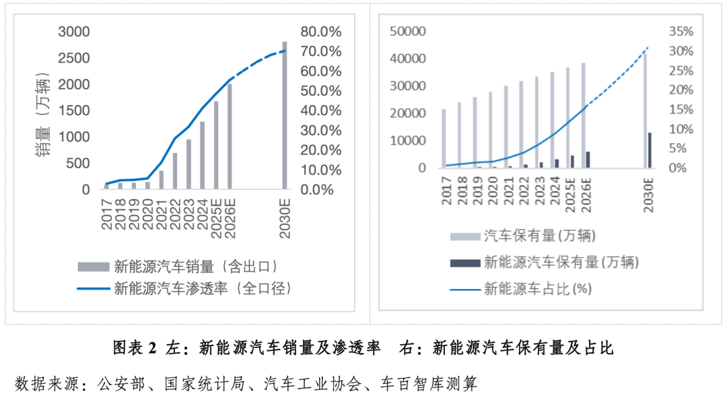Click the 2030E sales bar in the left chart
285,116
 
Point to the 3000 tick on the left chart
74,32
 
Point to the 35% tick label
681,32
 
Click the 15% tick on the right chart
681,109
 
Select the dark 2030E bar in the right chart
650,150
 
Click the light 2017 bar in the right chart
444,138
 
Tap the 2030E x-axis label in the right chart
650,196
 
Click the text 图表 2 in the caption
134,348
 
